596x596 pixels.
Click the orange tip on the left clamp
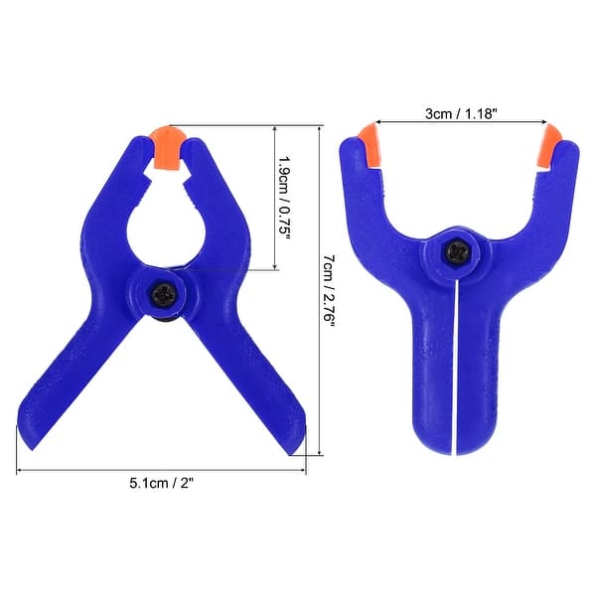(x=169, y=145)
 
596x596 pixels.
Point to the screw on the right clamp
(x=456, y=256)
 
